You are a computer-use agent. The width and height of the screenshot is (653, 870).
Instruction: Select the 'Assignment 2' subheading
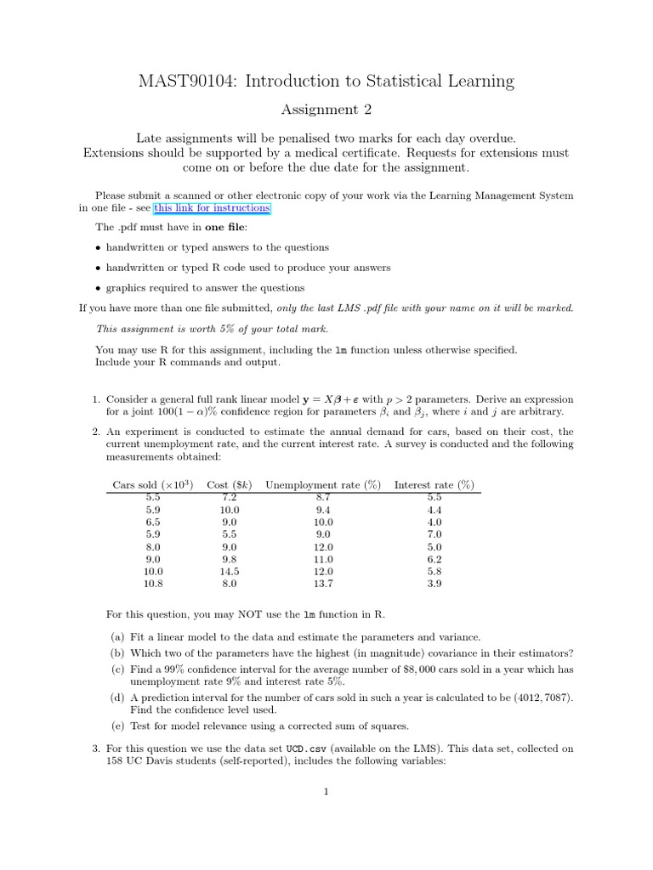coord(326,110)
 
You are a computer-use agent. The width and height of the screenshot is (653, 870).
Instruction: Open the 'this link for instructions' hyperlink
coord(212,208)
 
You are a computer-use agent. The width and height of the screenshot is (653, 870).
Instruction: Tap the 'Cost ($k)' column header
coord(230,485)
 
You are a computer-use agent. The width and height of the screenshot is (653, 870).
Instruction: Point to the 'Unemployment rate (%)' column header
coord(323,485)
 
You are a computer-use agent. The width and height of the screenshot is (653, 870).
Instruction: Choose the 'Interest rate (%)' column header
coord(434,485)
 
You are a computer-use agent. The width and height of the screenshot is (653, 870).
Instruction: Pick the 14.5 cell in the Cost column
coord(230,572)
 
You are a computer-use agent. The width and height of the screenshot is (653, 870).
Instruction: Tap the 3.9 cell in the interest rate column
coord(434,585)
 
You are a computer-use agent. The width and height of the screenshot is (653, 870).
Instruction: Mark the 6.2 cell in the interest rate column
coord(434,560)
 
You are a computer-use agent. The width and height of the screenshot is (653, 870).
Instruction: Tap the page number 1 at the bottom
coord(326,793)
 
